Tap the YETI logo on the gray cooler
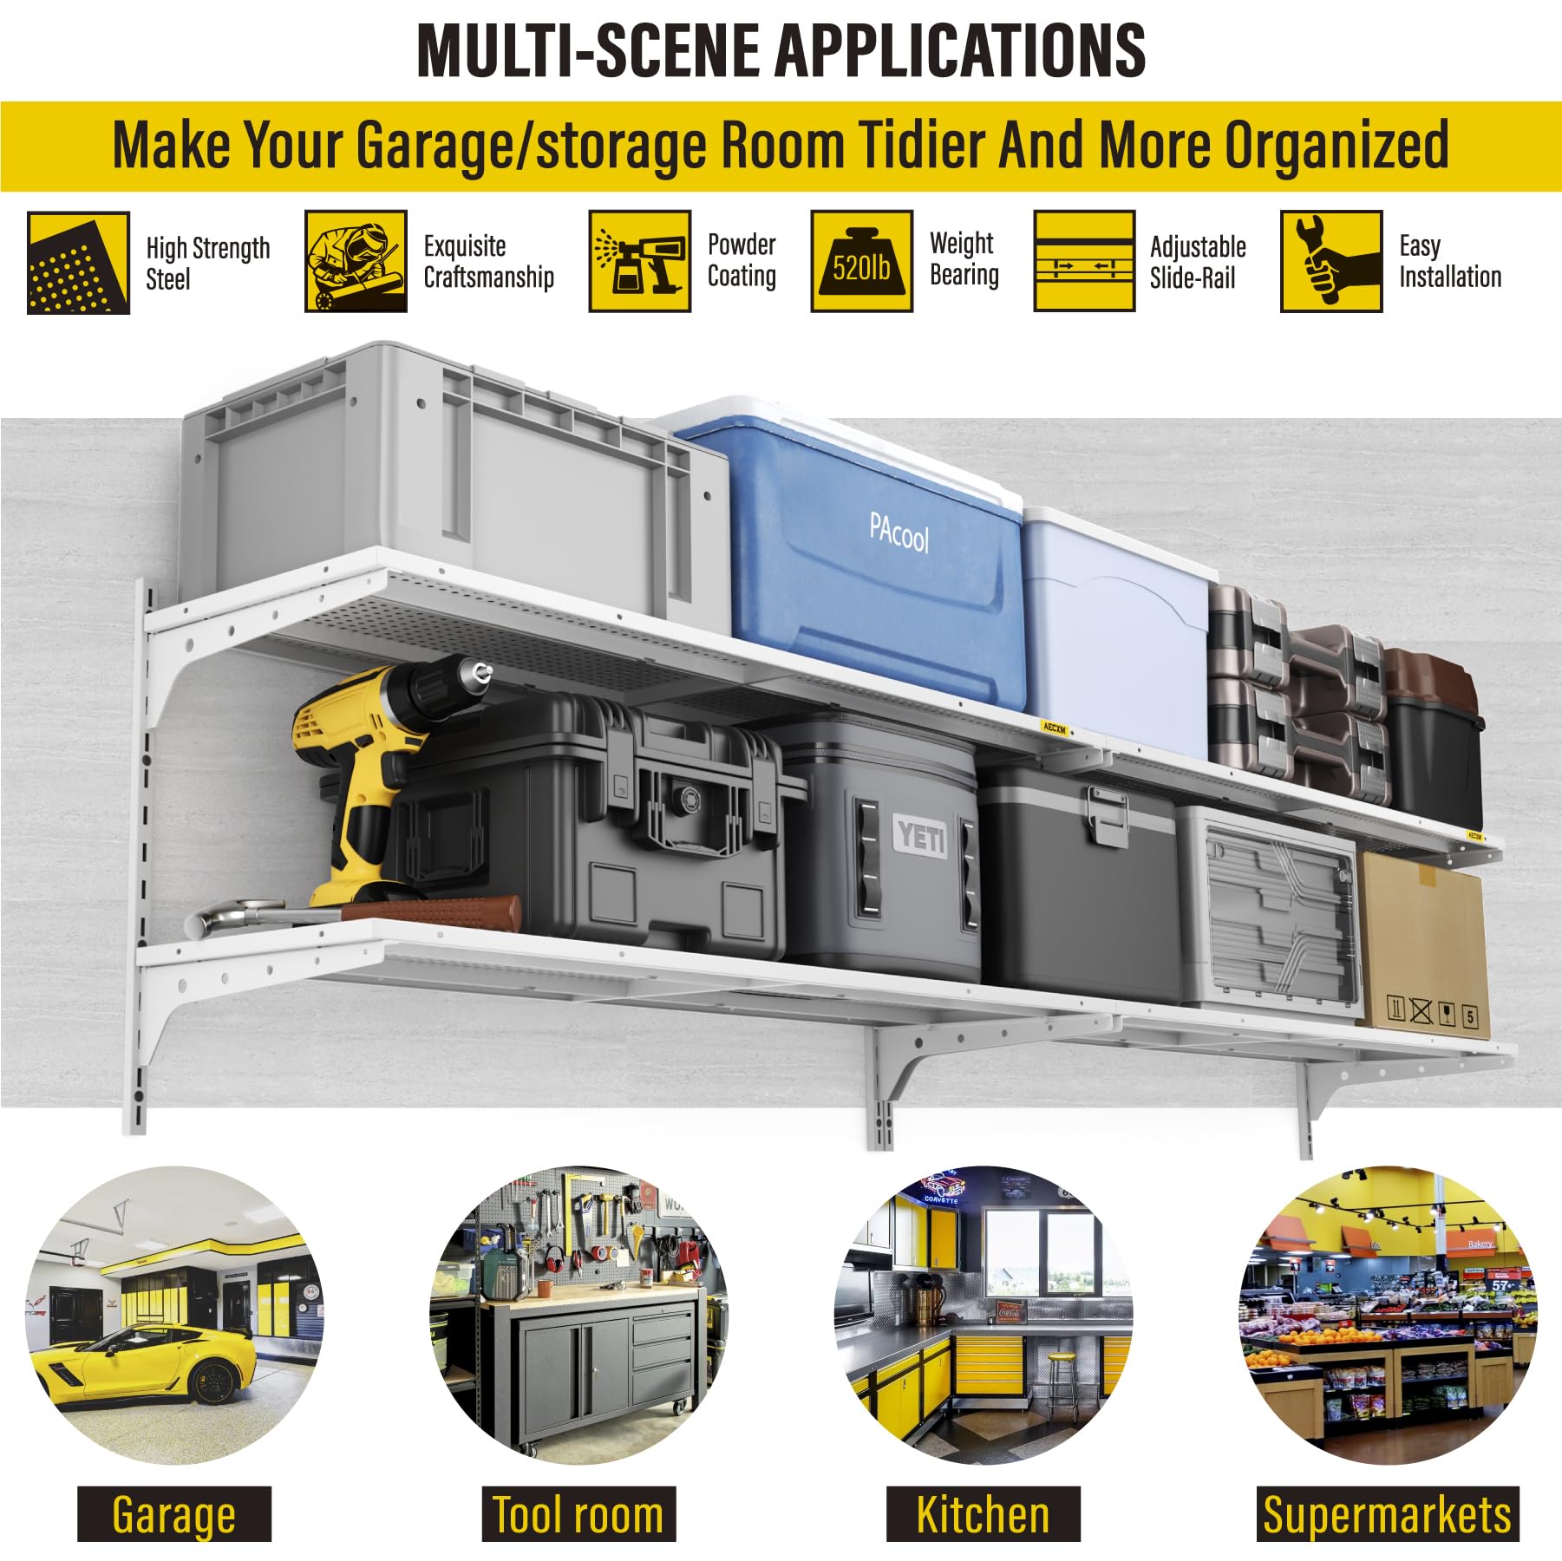pos(922,837)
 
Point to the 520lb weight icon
pos(861,261)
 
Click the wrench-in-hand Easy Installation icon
pos(1331,261)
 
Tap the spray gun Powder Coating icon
pos(640,261)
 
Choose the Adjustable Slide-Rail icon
pos(1084,261)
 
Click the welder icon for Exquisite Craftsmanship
pos(356,261)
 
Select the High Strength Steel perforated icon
pos(78,262)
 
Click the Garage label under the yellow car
pos(173,1514)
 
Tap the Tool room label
pos(578,1514)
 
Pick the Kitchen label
pos(983,1514)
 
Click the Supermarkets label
pos(1388,1514)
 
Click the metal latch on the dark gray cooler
pos(1108,815)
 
